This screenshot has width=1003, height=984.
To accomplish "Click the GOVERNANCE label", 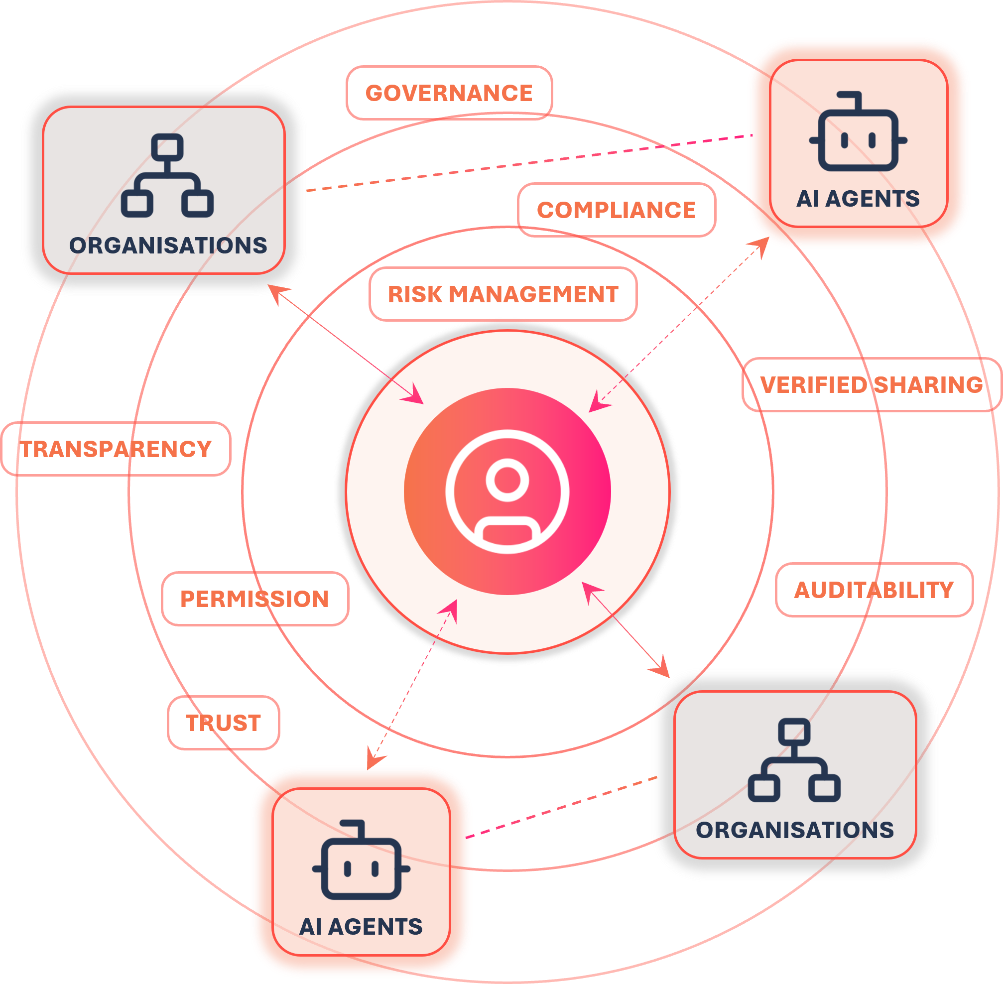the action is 449,93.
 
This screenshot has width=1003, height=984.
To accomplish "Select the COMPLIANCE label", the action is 617,210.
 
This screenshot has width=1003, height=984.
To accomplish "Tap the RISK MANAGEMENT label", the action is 503,294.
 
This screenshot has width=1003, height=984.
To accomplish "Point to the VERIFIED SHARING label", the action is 872,384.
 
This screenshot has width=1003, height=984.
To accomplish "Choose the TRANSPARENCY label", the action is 116,449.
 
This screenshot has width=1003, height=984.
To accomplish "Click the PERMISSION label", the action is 255,599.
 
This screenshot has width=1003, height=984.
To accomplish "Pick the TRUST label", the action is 223,723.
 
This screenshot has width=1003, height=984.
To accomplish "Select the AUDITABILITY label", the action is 875,590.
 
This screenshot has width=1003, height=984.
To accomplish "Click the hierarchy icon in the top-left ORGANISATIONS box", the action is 167,176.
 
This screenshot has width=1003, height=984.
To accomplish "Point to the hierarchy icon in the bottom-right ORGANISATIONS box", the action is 794,760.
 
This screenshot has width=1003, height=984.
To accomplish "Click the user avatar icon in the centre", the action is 507,492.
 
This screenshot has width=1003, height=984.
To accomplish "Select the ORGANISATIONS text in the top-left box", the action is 168,246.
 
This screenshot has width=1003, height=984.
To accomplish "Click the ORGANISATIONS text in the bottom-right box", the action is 795,830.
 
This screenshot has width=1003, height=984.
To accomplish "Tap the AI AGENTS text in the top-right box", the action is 858,199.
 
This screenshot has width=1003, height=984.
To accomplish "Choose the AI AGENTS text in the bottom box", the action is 361,927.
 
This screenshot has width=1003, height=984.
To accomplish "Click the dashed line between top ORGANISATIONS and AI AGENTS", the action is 529,163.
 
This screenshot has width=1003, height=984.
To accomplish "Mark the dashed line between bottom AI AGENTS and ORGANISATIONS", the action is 561,807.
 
